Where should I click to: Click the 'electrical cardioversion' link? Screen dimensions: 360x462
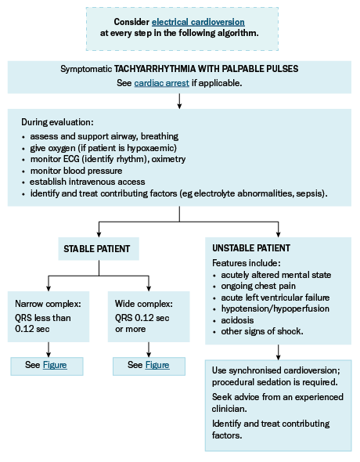[198, 22]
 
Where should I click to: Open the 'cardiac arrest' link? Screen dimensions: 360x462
[161, 83]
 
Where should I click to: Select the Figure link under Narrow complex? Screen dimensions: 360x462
[55, 365]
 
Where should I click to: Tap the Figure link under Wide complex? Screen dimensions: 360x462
[157, 365]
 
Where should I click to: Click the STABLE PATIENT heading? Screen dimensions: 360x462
[97, 249]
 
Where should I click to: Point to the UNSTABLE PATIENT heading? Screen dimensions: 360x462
[251, 248]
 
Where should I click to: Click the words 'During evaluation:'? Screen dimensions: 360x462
[57, 122]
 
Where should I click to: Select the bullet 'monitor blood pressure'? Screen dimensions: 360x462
[76, 171]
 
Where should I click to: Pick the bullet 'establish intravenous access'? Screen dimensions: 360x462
[88, 182]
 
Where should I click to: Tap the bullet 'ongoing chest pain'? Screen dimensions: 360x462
[258, 286]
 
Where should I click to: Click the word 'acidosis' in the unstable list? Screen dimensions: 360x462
[237, 320]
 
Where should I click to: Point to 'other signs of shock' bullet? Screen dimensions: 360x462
[262, 331]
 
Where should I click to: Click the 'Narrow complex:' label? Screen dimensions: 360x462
[48, 304]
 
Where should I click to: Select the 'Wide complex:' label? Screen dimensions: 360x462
[144, 304]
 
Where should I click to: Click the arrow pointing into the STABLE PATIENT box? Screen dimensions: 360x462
[99, 229]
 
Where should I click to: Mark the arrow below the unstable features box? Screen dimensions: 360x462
[278, 352]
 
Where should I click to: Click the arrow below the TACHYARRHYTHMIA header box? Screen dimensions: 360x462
[179, 101]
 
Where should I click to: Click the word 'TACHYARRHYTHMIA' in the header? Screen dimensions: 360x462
[155, 69]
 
